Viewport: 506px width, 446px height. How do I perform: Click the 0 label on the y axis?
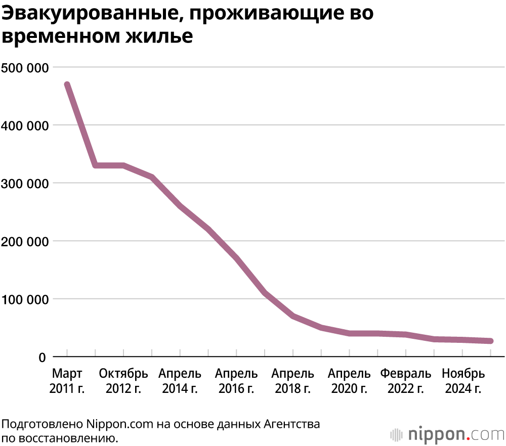43,358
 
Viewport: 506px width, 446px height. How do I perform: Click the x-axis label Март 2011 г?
67,381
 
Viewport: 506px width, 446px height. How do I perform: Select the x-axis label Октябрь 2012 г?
123,381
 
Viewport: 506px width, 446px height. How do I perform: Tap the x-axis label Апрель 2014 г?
180,381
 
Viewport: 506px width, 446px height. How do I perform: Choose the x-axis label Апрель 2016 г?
236,381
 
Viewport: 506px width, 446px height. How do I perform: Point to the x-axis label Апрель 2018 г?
292,381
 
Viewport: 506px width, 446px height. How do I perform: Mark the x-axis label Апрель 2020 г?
349,381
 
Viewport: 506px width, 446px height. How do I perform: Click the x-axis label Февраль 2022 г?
406,381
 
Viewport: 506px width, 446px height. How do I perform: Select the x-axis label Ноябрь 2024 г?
463,381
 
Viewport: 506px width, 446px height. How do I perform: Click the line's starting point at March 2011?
67,85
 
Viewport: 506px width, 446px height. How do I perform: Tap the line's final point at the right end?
490,341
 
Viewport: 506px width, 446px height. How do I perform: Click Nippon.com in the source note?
119,424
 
